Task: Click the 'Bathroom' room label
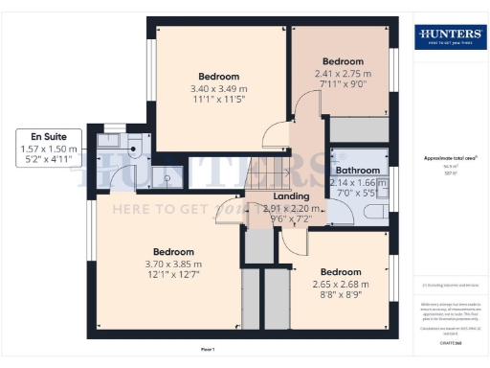pyautogui.click(x=357, y=171)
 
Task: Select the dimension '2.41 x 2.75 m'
pyautogui.click(x=343, y=72)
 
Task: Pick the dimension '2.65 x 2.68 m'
pyautogui.click(x=340, y=283)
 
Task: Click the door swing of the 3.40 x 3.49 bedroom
pyautogui.click(x=277, y=135)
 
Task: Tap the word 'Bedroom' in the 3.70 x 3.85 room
pyautogui.click(x=173, y=252)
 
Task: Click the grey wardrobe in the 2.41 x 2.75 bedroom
pyautogui.click(x=359, y=130)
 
